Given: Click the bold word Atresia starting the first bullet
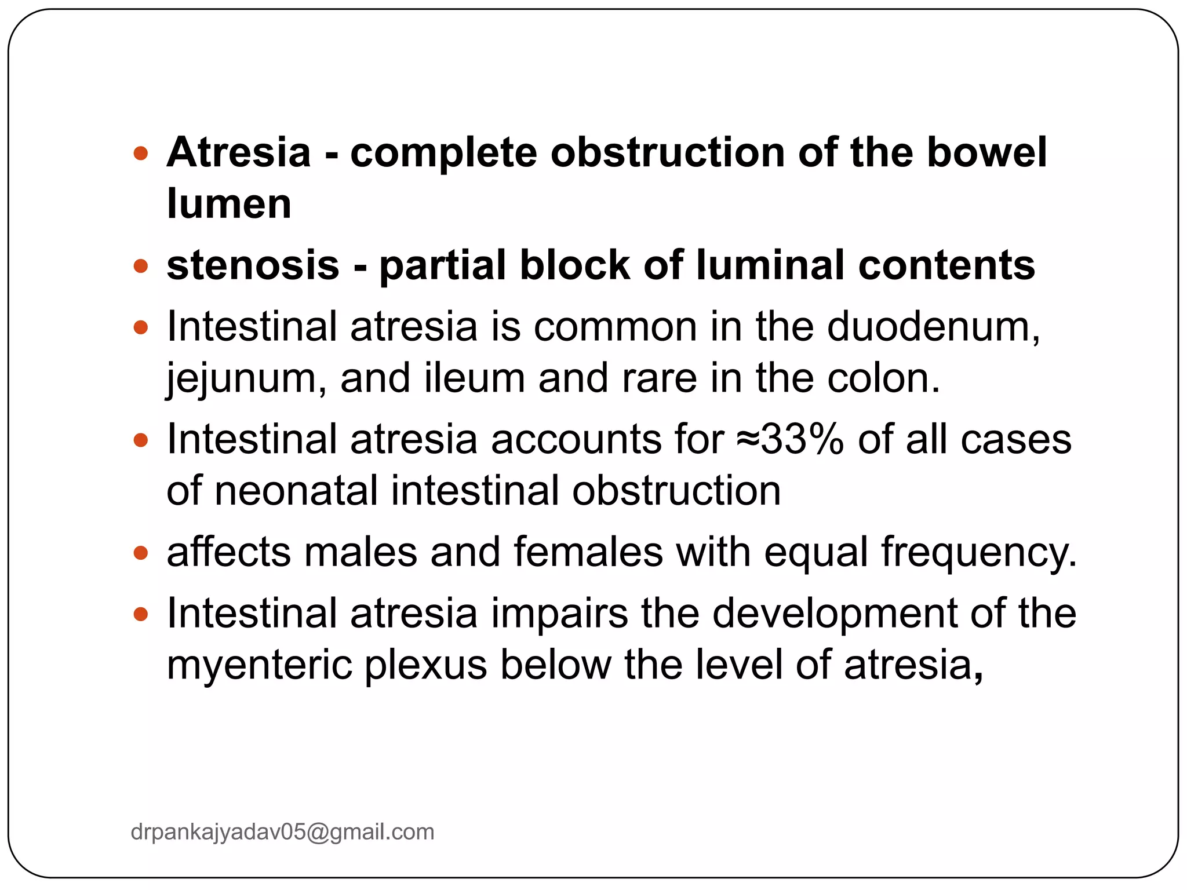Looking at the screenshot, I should click(238, 152).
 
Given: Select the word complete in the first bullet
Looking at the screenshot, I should click(443, 154).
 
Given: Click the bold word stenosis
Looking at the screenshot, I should click(253, 265).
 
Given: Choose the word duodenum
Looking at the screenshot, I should click(933, 327).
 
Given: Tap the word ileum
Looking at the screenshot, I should click(474, 378).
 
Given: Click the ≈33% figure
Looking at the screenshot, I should click(791, 439).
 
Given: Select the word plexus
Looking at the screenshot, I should click(425, 665).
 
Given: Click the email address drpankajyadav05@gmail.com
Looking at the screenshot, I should click(282, 832).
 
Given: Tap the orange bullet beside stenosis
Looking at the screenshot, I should click(141, 267).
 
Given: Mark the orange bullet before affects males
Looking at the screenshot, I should click(141, 553).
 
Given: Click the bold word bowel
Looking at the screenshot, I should click(986, 152).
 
